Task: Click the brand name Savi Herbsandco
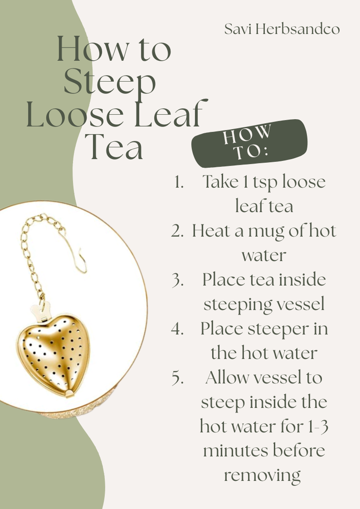point(282,29)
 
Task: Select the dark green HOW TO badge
point(249,143)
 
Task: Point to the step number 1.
point(179,182)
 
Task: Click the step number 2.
point(177,231)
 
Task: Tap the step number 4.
point(177,329)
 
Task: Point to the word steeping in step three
point(236,305)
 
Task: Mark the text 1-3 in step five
point(317,426)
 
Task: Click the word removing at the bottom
point(262,476)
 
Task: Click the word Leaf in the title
point(171,114)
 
